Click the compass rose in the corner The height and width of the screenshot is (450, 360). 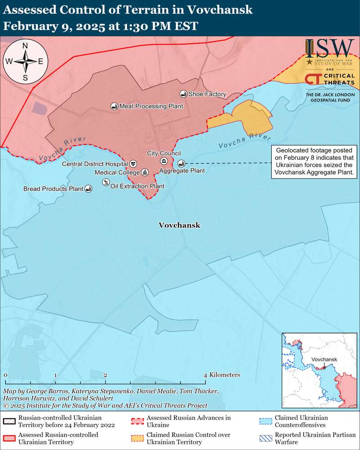[x=25, y=61]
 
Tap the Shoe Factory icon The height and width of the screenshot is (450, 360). [x=183, y=94]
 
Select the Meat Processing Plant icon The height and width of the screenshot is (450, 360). [x=114, y=106]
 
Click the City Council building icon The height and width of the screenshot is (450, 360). [x=164, y=161]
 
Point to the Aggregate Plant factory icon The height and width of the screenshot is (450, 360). [x=181, y=163]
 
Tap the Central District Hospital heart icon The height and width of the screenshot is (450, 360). [x=134, y=164]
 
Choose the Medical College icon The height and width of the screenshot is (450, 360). [x=144, y=172]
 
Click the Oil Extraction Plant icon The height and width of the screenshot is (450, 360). [x=105, y=182]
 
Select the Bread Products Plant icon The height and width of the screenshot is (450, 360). [x=89, y=189]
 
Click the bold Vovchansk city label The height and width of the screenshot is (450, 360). [x=179, y=225]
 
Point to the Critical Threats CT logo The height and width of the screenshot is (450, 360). [x=313, y=79]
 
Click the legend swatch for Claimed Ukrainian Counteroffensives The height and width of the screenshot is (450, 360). [x=265, y=421]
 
